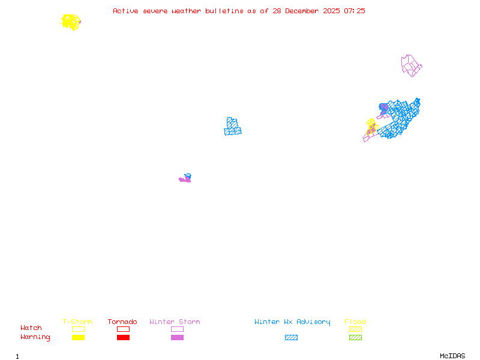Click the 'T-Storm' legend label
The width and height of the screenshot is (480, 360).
pos(77,322)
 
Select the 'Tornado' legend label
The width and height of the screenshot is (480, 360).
pos(122,322)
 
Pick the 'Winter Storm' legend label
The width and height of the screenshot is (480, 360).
pos(175,322)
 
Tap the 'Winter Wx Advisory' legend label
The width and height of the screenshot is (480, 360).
pos(292,322)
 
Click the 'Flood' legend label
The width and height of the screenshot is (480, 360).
pos(355,322)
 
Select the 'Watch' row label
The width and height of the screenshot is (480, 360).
pos(31,328)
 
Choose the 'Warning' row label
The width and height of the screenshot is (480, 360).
pos(35,337)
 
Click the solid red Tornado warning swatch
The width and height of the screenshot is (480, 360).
pos(123,337)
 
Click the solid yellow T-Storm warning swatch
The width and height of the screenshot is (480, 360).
pos(78,337)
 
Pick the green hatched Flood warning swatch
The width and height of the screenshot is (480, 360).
pos(356,337)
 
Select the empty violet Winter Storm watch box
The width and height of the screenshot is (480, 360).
pos(177,329)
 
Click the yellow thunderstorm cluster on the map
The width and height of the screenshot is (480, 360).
pos(71,22)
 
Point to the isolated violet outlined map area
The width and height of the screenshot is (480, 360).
pos(411,65)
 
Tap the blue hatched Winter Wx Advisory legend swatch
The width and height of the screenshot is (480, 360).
pos(291,337)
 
